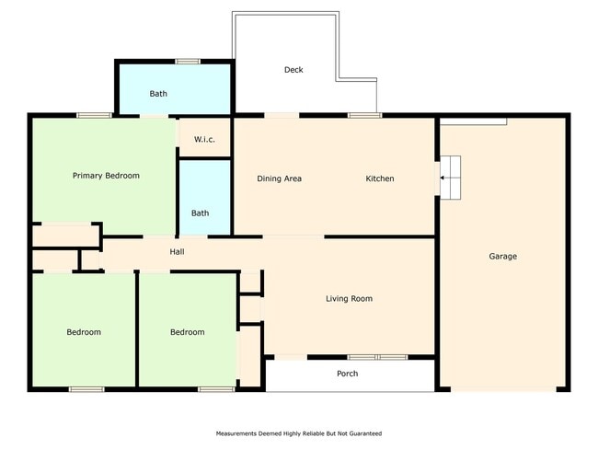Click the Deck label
pyautogui.click(x=293, y=70)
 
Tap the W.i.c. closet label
pyautogui.click(x=204, y=139)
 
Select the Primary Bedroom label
pyautogui.click(x=106, y=176)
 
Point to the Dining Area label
pyautogui.click(x=279, y=178)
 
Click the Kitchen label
pyautogui.click(x=380, y=178)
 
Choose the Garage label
pyautogui.click(x=503, y=257)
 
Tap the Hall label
pyautogui.click(x=177, y=252)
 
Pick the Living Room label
pyautogui.click(x=349, y=299)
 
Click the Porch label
pyautogui.click(x=348, y=374)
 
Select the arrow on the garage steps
pyautogui.click(x=443, y=178)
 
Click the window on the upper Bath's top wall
pyautogui.click(x=188, y=62)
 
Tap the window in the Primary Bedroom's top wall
pyautogui.click(x=94, y=115)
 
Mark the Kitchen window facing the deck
pyautogui.click(x=364, y=115)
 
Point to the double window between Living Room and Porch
pyautogui.click(x=377, y=357)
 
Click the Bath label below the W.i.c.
pyautogui.click(x=200, y=213)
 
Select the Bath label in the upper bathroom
pyautogui.click(x=158, y=94)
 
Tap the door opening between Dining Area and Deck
pyautogui.click(x=282, y=115)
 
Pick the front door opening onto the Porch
pyautogui.click(x=291, y=357)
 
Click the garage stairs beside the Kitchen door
pyautogui.click(x=451, y=178)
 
